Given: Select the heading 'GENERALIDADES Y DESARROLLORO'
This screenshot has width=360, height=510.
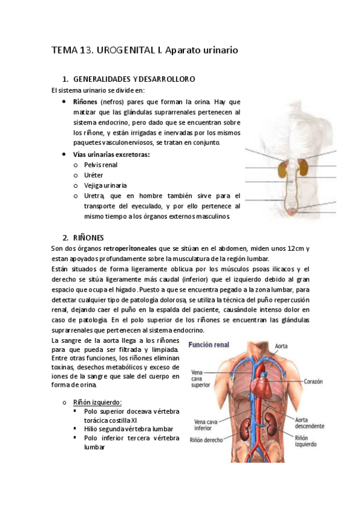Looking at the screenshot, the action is [x=133, y=79].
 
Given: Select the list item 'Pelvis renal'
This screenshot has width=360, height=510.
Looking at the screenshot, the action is [x=101, y=164].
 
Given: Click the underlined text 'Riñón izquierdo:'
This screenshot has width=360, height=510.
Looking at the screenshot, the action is [x=97, y=402].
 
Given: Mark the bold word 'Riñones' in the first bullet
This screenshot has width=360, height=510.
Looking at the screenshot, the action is [x=86, y=102].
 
